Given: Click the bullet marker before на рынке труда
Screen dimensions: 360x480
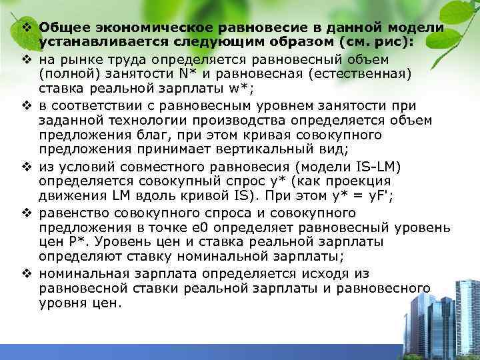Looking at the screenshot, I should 27,58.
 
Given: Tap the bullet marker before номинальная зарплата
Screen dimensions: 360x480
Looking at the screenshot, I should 27,273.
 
